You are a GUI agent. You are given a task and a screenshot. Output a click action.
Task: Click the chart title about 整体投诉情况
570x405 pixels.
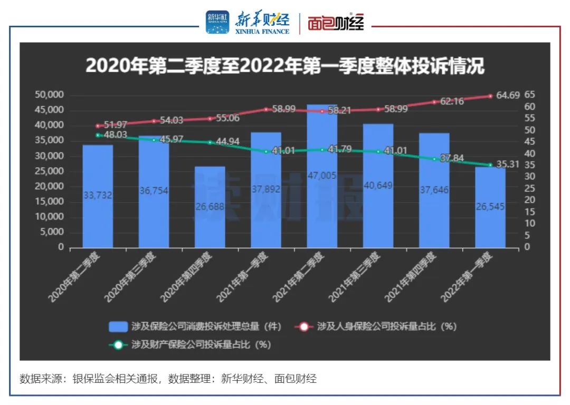pos(285,66)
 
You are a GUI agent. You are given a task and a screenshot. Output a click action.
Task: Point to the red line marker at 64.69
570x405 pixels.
pos(490,96)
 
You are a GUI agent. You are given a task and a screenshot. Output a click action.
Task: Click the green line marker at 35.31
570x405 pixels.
pos(490,165)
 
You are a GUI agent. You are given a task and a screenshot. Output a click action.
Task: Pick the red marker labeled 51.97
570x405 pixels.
pos(98,126)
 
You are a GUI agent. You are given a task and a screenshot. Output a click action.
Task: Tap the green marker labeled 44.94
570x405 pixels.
pos(210,142)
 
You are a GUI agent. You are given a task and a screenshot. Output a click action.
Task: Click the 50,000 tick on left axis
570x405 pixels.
pos(49,95)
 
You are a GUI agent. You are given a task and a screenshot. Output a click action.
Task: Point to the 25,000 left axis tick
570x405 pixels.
pos(49,171)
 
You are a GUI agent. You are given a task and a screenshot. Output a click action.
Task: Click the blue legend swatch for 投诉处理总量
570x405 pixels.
pos(118,326)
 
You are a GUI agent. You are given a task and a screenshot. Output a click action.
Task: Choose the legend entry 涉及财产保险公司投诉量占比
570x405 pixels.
pos(201,345)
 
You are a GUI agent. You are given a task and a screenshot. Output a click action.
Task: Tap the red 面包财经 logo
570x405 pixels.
pos(336,23)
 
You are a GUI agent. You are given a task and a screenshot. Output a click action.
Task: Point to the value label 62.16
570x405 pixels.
pos(451,101)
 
